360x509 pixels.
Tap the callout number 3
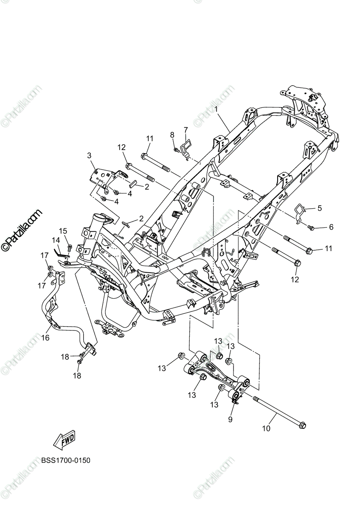90,155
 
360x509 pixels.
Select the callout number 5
319,208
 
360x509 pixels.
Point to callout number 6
331,227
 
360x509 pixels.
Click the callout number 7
186,129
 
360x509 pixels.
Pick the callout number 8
172,135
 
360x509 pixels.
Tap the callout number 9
231,420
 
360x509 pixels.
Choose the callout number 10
266,428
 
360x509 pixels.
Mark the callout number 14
56,241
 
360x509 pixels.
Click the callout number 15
63,231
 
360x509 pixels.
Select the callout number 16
45,338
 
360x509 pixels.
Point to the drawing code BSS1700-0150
66,460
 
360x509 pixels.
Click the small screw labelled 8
175,149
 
